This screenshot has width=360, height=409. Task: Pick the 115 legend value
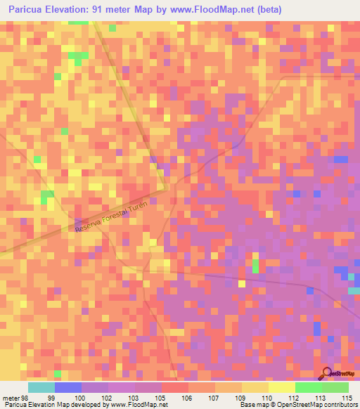tap(347, 397)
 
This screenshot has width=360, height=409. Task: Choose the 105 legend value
tap(160, 397)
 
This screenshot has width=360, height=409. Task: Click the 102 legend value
tap(107, 397)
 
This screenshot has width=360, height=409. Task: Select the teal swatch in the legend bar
tap(41, 387)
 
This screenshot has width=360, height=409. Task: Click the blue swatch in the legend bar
tap(68, 387)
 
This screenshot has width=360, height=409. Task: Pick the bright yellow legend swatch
tap(281, 387)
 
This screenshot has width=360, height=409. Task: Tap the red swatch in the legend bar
tap(174, 387)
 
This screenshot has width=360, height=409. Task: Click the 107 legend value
tap(214, 397)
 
